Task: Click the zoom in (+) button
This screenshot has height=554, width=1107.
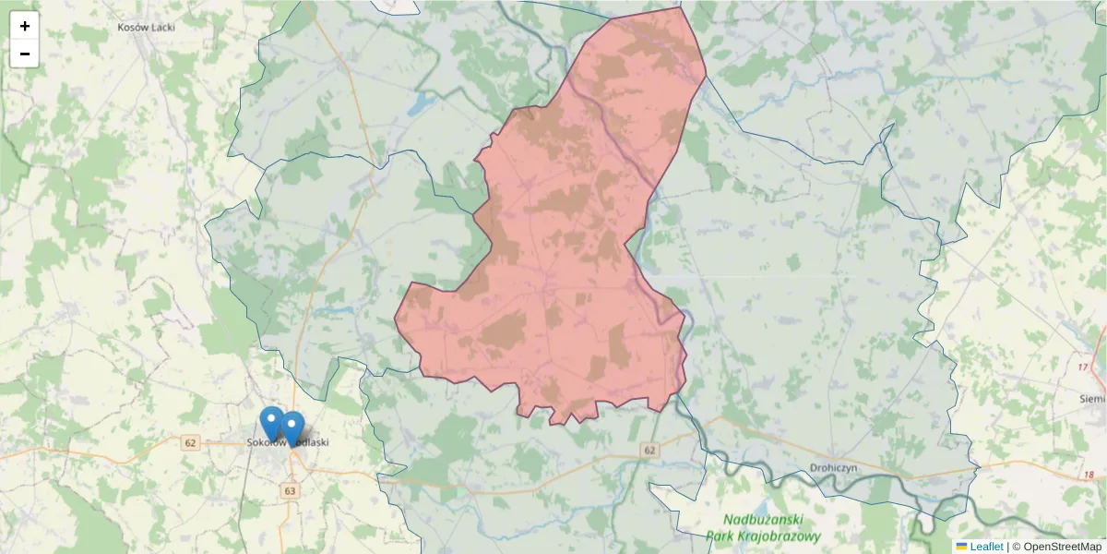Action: pos(25,26)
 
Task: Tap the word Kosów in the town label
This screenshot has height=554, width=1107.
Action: pos(133,27)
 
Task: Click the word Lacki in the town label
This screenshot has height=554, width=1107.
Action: pos(162,27)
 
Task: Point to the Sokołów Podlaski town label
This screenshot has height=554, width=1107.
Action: pos(288,442)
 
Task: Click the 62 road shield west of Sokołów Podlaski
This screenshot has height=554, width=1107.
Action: pos(191,443)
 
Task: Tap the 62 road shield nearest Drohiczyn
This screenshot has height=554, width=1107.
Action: pos(650,450)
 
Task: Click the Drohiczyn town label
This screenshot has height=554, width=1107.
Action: pos(834,467)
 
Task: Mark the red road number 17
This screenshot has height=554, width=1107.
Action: pos(1083,367)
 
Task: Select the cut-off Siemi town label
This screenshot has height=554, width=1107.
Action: pos(1092,398)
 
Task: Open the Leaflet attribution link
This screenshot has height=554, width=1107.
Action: pos(986,547)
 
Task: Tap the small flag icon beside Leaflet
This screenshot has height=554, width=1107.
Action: pos(961,547)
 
